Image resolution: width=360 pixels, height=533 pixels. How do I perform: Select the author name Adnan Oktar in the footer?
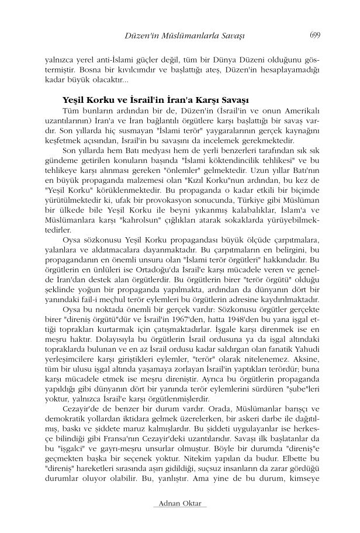[179, 504]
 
